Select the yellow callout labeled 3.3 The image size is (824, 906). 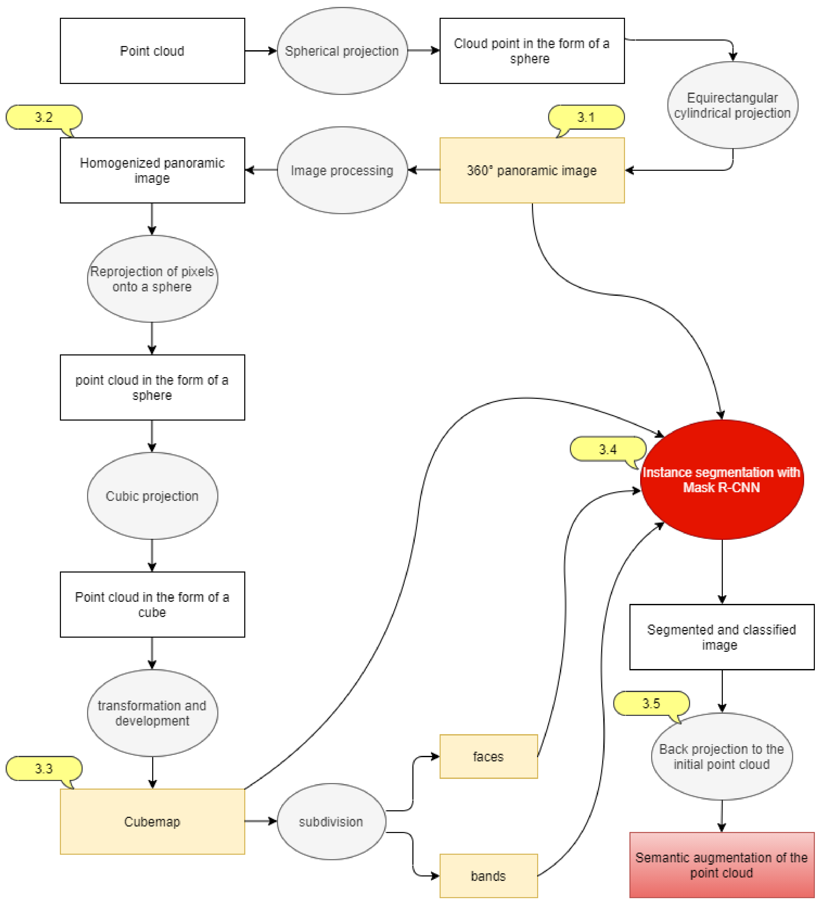coord(44,769)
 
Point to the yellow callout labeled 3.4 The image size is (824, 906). coord(607,449)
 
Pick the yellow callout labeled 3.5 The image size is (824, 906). coord(651,703)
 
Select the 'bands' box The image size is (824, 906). coord(488,876)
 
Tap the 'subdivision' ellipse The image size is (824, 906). coord(331,822)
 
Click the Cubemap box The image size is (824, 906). coord(152,822)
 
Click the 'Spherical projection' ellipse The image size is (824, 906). coord(342,51)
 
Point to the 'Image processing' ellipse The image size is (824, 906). coord(342,170)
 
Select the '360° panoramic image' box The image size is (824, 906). coord(532,170)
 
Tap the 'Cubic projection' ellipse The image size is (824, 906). coord(152,496)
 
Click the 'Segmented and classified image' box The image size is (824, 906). coord(721,637)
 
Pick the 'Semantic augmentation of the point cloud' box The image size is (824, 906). coord(721,865)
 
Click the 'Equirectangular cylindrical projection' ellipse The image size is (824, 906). coord(732,105)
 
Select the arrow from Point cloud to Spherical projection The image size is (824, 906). coord(260,51)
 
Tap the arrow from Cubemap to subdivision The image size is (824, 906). coord(260,822)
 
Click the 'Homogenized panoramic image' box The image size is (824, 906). coord(152,170)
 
